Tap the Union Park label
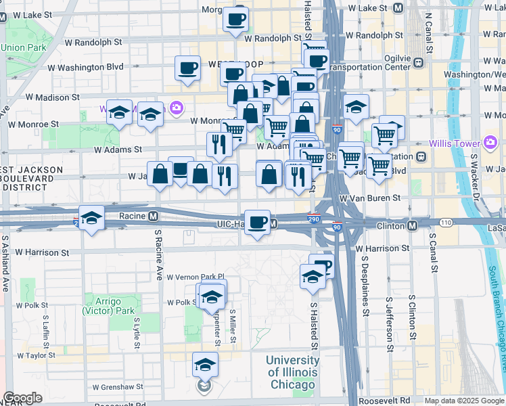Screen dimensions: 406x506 pos(24,47)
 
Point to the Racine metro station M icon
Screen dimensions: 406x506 pos(154,217)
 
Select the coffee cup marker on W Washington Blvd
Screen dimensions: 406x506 pos(187,68)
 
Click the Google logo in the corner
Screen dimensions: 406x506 pos(22,398)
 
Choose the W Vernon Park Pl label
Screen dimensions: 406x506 pos(193,277)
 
